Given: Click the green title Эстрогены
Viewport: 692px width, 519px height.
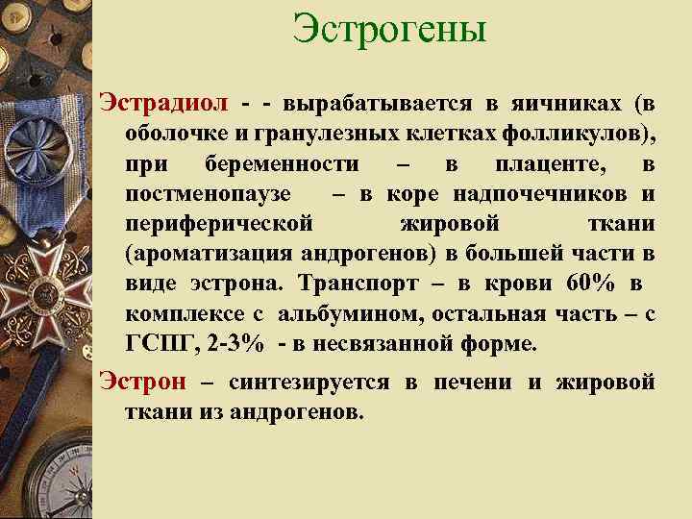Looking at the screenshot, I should (x=390, y=30).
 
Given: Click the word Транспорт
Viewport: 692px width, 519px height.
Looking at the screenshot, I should (x=357, y=285).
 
